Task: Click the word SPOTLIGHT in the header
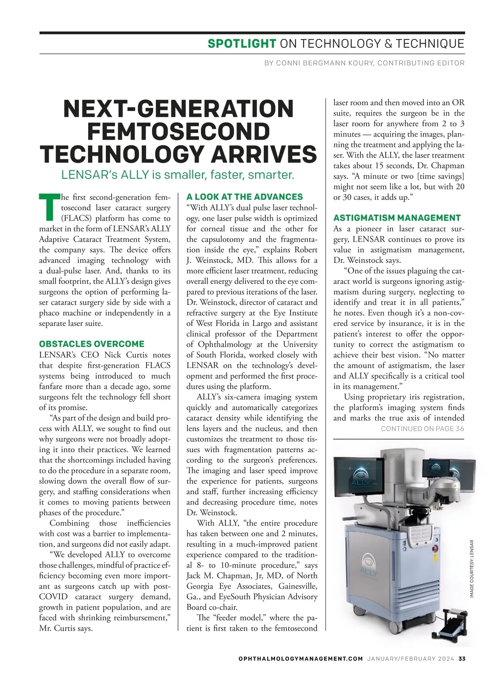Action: (241, 44)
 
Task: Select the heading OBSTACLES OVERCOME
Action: (92, 344)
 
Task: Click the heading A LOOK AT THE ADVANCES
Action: (244, 197)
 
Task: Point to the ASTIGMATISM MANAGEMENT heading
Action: (397, 218)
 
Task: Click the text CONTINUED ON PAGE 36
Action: (422, 429)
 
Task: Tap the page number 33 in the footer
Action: (461, 659)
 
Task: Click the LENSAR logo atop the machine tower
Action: (392, 456)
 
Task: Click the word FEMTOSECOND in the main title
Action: (178, 131)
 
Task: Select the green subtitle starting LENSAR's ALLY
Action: (178, 175)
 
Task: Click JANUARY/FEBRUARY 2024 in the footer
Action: (410, 659)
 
